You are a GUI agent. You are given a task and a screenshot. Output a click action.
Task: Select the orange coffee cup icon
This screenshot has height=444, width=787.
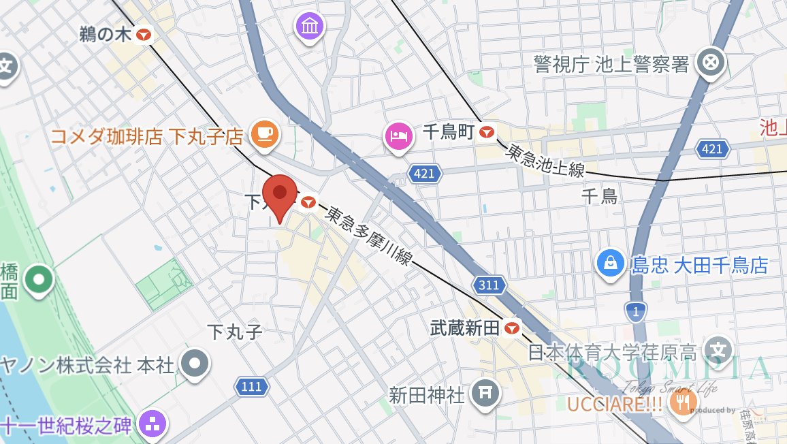tap(263, 133)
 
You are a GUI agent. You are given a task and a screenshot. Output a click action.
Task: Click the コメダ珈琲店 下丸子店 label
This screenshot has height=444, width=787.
tap(146, 136)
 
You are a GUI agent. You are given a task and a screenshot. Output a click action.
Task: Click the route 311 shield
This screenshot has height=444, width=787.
tap(489, 285)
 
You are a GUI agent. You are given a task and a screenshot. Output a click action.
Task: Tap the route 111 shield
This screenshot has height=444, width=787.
tap(251, 387)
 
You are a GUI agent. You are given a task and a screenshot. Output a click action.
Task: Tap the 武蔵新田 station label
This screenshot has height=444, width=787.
tap(466, 328)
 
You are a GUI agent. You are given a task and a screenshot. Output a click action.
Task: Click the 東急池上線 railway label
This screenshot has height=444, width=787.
tap(544, 161)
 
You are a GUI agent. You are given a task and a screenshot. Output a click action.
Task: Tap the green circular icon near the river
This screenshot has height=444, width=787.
tap(39, 279)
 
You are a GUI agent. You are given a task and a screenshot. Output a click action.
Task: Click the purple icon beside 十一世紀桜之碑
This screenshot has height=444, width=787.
tap(152, 426)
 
